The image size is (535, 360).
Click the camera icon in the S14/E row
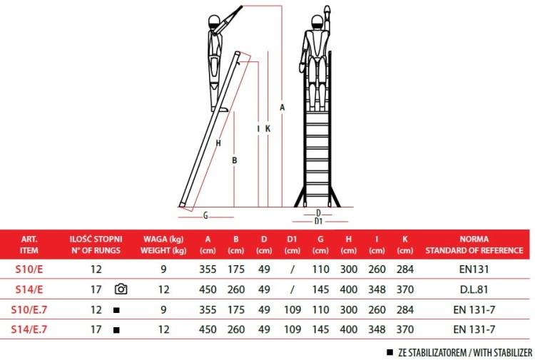(x=121, y=289)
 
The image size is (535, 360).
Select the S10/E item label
(x=29, y=269)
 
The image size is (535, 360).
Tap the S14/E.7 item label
(x=29, y=330)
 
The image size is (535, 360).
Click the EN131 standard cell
(x=474, y=269)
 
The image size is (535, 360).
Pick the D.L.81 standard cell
(x=474, y=289)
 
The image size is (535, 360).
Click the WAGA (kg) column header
(x=164, y=245)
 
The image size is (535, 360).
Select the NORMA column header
(x=474, y=245)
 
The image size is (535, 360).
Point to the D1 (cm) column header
(x=292, y=245)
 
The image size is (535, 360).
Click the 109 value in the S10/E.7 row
(x=292, y=310)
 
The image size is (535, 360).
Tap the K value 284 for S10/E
(x=404, y=269)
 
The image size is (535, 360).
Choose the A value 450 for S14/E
(x=208, y=289)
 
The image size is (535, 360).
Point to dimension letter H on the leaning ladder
(x=218, y=143)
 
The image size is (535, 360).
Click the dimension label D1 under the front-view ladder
(x=318, y=221)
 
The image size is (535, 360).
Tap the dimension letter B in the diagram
(x=234, y=160)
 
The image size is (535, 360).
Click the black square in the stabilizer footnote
(x=389, y=352)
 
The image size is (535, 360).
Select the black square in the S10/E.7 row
(x=116, y=310)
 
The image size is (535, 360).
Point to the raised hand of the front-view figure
(x=327, y=12)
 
